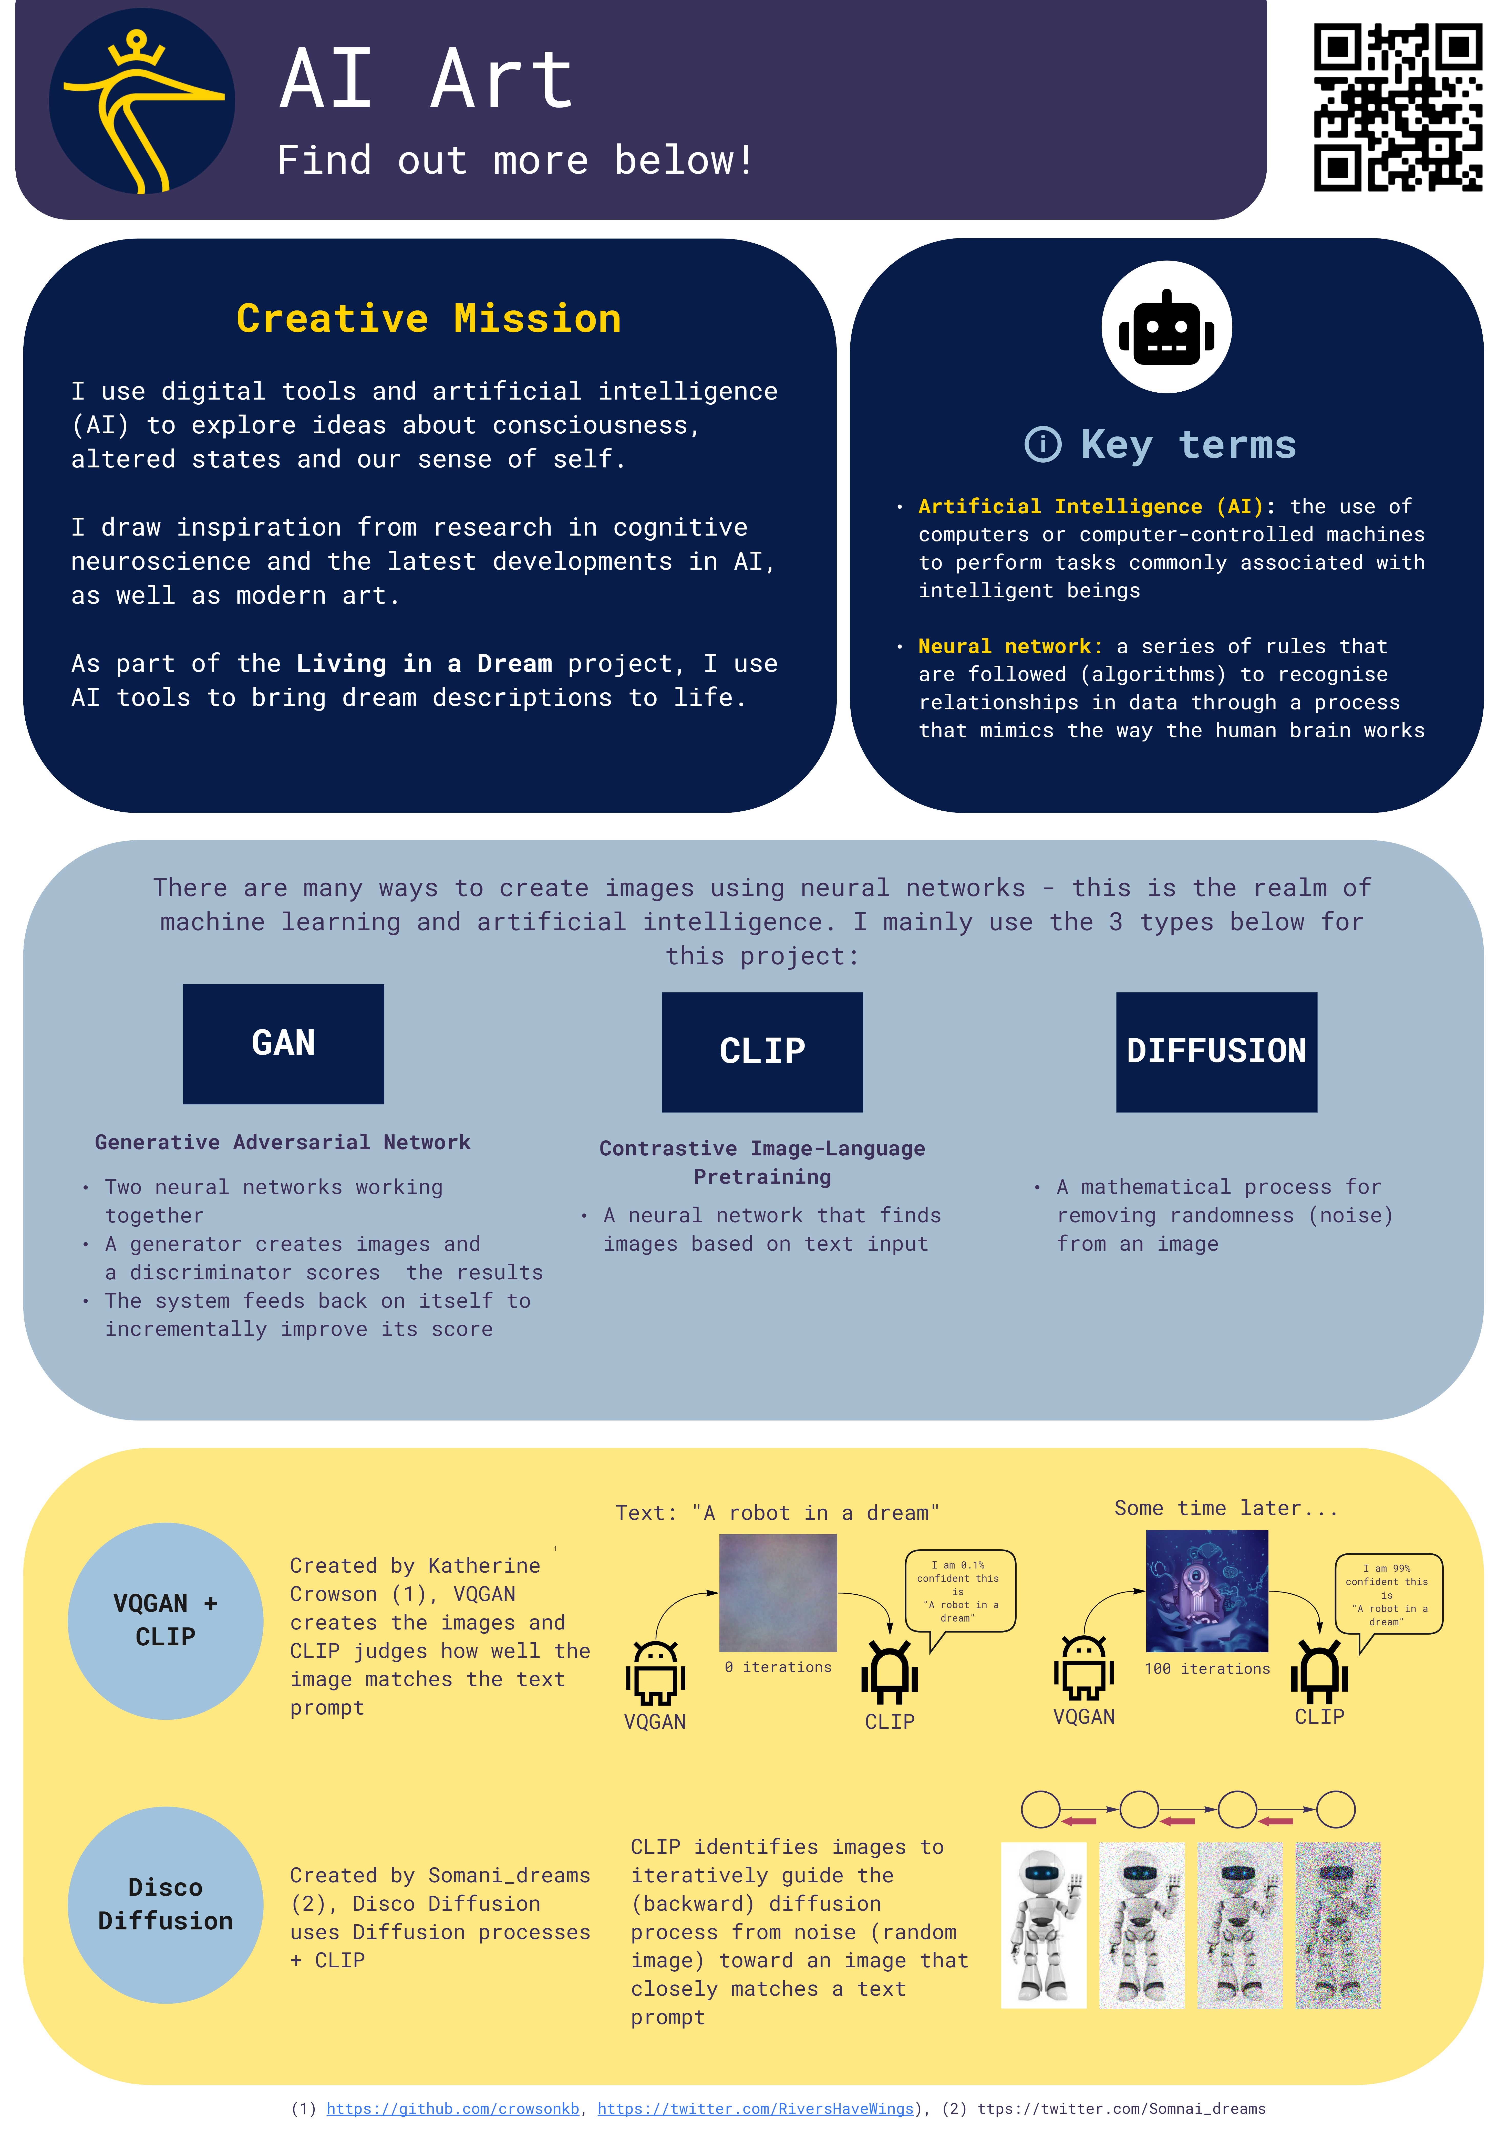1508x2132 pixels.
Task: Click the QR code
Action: click(x=1398, y=108)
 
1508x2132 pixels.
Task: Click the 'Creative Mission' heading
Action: click(x=429, y=319)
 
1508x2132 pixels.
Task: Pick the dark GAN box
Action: click(x=283, y=1044)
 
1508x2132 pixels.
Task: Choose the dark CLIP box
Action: click(x=762, y=1052)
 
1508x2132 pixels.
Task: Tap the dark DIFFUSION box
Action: click(x=1216, y=1052)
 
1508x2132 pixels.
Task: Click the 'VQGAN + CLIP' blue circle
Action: click(x=165, y=1620)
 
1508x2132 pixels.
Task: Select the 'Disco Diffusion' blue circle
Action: click(x=165, y=1905)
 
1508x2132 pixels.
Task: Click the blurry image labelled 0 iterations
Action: click(x=778, y=1593)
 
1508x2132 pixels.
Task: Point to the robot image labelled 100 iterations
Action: click(x=1207, y=1591)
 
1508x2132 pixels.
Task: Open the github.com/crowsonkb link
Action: click(x=453, y=2109)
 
